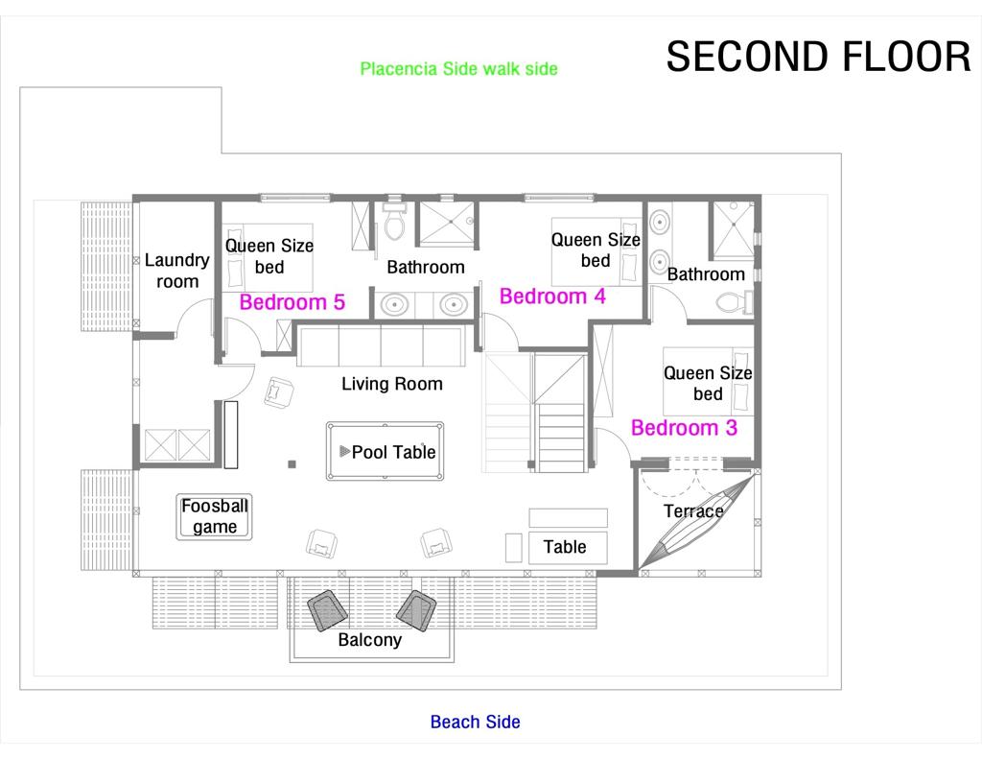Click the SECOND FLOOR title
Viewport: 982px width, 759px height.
click(x=818, y=58)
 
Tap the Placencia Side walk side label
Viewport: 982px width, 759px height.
click(x=458, y=69)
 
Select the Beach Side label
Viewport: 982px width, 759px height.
click(x=475, y=722)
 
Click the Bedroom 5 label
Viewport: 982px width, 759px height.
click(x=292, y=302)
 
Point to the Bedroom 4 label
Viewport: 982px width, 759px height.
click(x=552, y=296)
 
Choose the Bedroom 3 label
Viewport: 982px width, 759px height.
click(x=684, y=428)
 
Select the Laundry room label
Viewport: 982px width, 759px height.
click(x=176, y=271)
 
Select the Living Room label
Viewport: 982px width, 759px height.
click(x=392, y=384)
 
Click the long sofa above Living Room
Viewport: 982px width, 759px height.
click(x=382, y=345)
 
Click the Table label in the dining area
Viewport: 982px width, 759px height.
click(x=564, y=547)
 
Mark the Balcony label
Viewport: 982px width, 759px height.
click(x=369, y=640)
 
